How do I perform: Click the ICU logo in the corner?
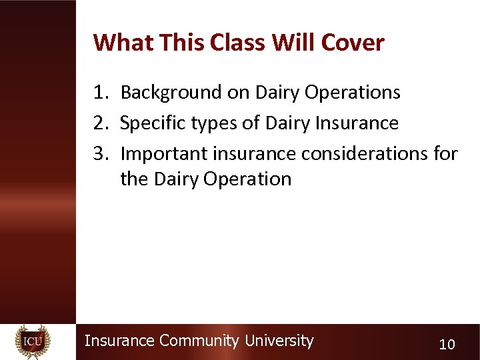pos(33,341)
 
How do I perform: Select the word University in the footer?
pos(279,341)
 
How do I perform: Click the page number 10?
pos(447,345)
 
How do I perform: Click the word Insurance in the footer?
pos(119,341)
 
